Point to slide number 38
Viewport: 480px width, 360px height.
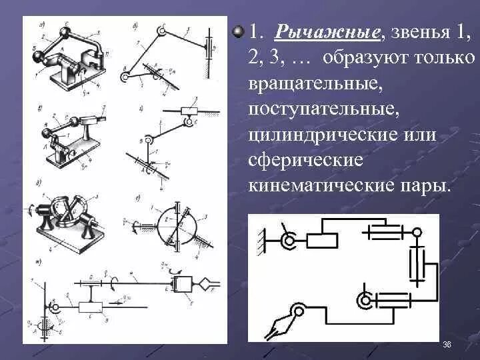447,344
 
